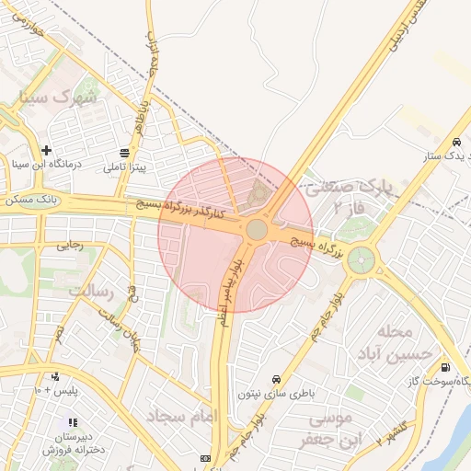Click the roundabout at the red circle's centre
coord(257,228)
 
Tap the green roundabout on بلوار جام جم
coord(362,259)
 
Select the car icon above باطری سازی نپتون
coord(276,379)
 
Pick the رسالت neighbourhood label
coord(89,292)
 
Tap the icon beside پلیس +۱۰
coord(55,376)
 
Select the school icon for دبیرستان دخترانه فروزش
coord(73,422)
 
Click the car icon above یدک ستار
coord(456,142)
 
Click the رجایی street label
coord(71,245)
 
